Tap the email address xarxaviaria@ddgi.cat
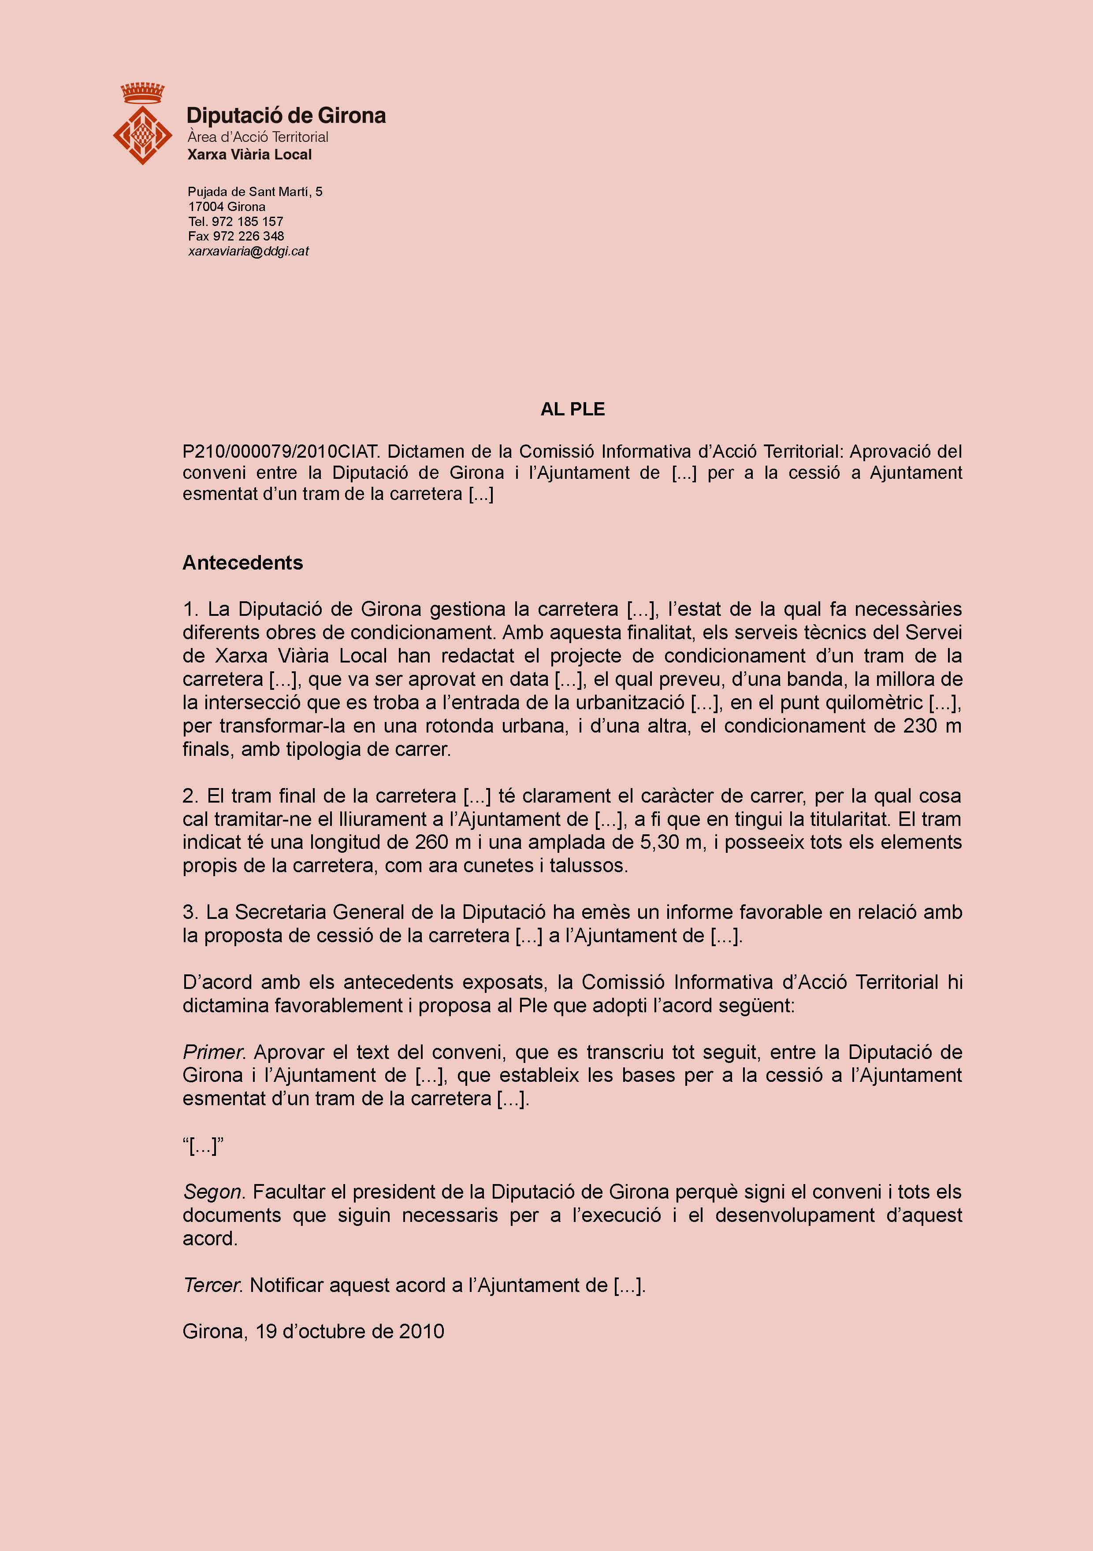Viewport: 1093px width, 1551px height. click(248, 251)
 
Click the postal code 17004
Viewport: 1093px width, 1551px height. click(206, 207)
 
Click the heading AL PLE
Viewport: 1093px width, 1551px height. click(572, 409)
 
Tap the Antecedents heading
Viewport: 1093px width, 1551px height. click(243, 563)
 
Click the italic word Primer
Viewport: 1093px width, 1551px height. click(214, 1052)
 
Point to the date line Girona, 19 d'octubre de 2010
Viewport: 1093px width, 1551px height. click(313, 1332)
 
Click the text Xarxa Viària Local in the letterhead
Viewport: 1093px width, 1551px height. click(249, 155)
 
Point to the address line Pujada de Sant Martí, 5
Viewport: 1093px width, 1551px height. click(255, 192)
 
